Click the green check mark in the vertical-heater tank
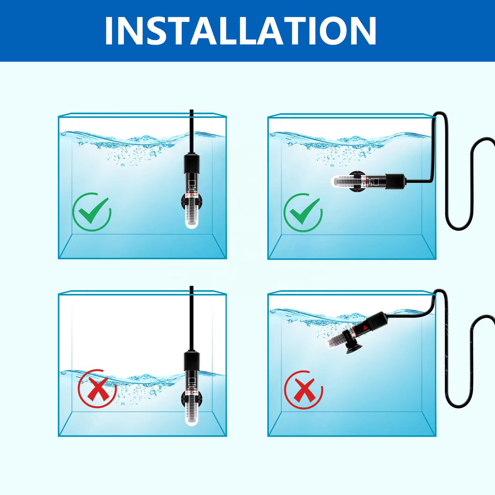tap(92, 211)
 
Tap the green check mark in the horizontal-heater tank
tap(303, 212)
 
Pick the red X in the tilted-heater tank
tap(304, 390)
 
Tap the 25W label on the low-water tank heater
tap(191, 387)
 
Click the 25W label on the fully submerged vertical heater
tap(191, 189)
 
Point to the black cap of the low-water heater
tap(191, 362)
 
